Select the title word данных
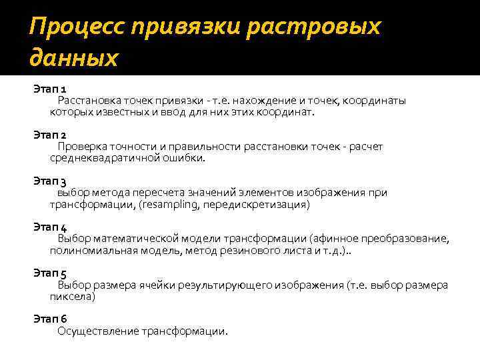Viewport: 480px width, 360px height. [73, 58]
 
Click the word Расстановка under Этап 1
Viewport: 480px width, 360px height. [91, 101]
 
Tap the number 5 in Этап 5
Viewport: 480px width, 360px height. [63, 273]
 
